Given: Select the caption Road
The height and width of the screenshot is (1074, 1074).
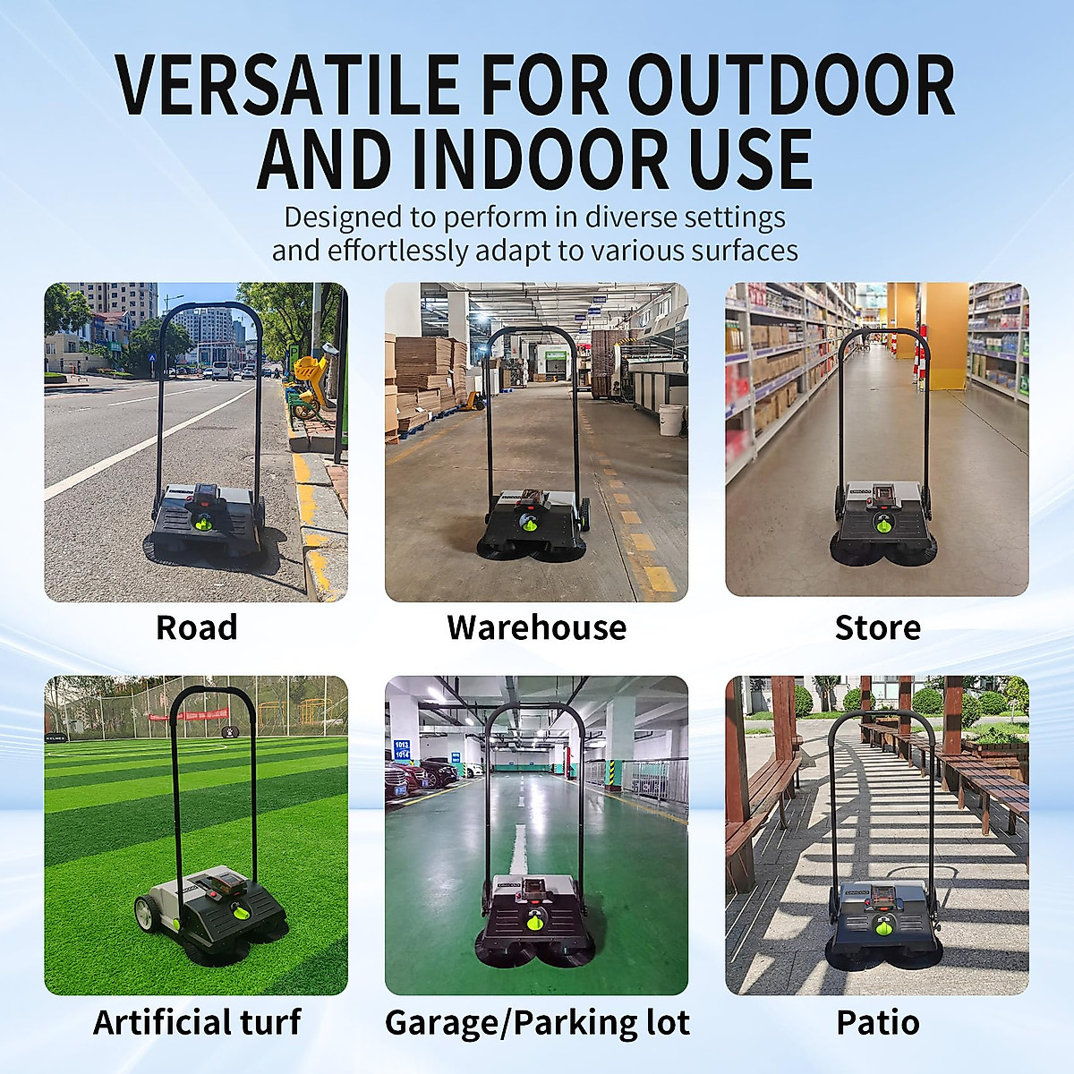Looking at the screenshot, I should pos(197,627).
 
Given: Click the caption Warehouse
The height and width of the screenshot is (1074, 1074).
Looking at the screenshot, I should pos(536,627).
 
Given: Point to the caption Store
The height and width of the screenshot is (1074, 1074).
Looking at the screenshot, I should pos(877,627).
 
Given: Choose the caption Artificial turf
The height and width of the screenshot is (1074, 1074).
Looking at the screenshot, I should pos(197,1022).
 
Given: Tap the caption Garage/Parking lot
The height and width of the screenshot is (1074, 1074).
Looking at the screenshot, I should pos(537,1022).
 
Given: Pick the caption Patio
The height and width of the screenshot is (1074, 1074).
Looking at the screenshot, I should pos(877,1022).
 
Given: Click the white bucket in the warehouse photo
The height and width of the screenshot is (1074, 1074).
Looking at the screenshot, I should pos(670,419).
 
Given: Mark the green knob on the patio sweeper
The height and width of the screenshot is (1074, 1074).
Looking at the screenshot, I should pos(880,929).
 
